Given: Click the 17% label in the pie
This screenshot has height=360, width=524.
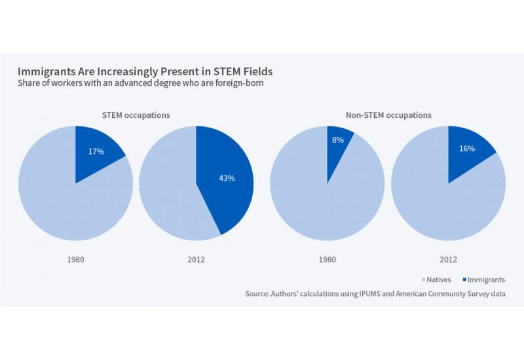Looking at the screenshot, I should [x=96, y=152].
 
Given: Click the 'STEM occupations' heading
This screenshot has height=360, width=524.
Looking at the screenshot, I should [x=136, y=115].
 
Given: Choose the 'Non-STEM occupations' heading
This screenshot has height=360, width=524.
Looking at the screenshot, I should [x=387, y=115].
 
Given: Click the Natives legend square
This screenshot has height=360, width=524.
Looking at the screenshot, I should [x=424, y=280].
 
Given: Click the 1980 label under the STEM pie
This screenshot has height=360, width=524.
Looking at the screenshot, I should [x=75, y=259].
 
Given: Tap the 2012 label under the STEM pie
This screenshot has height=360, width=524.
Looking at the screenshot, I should [x=196, y=259].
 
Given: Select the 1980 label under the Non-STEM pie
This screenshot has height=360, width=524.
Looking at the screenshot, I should [x=327, y=259].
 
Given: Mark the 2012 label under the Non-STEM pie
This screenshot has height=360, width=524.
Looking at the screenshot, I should [x=448, y=259].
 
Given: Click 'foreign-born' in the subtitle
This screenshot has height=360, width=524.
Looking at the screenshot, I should [x=238, y=83].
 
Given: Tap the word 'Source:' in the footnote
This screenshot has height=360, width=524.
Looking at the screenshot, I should [x=257, y=294].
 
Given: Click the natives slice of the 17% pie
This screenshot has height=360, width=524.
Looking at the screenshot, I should [x=59, y=196].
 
